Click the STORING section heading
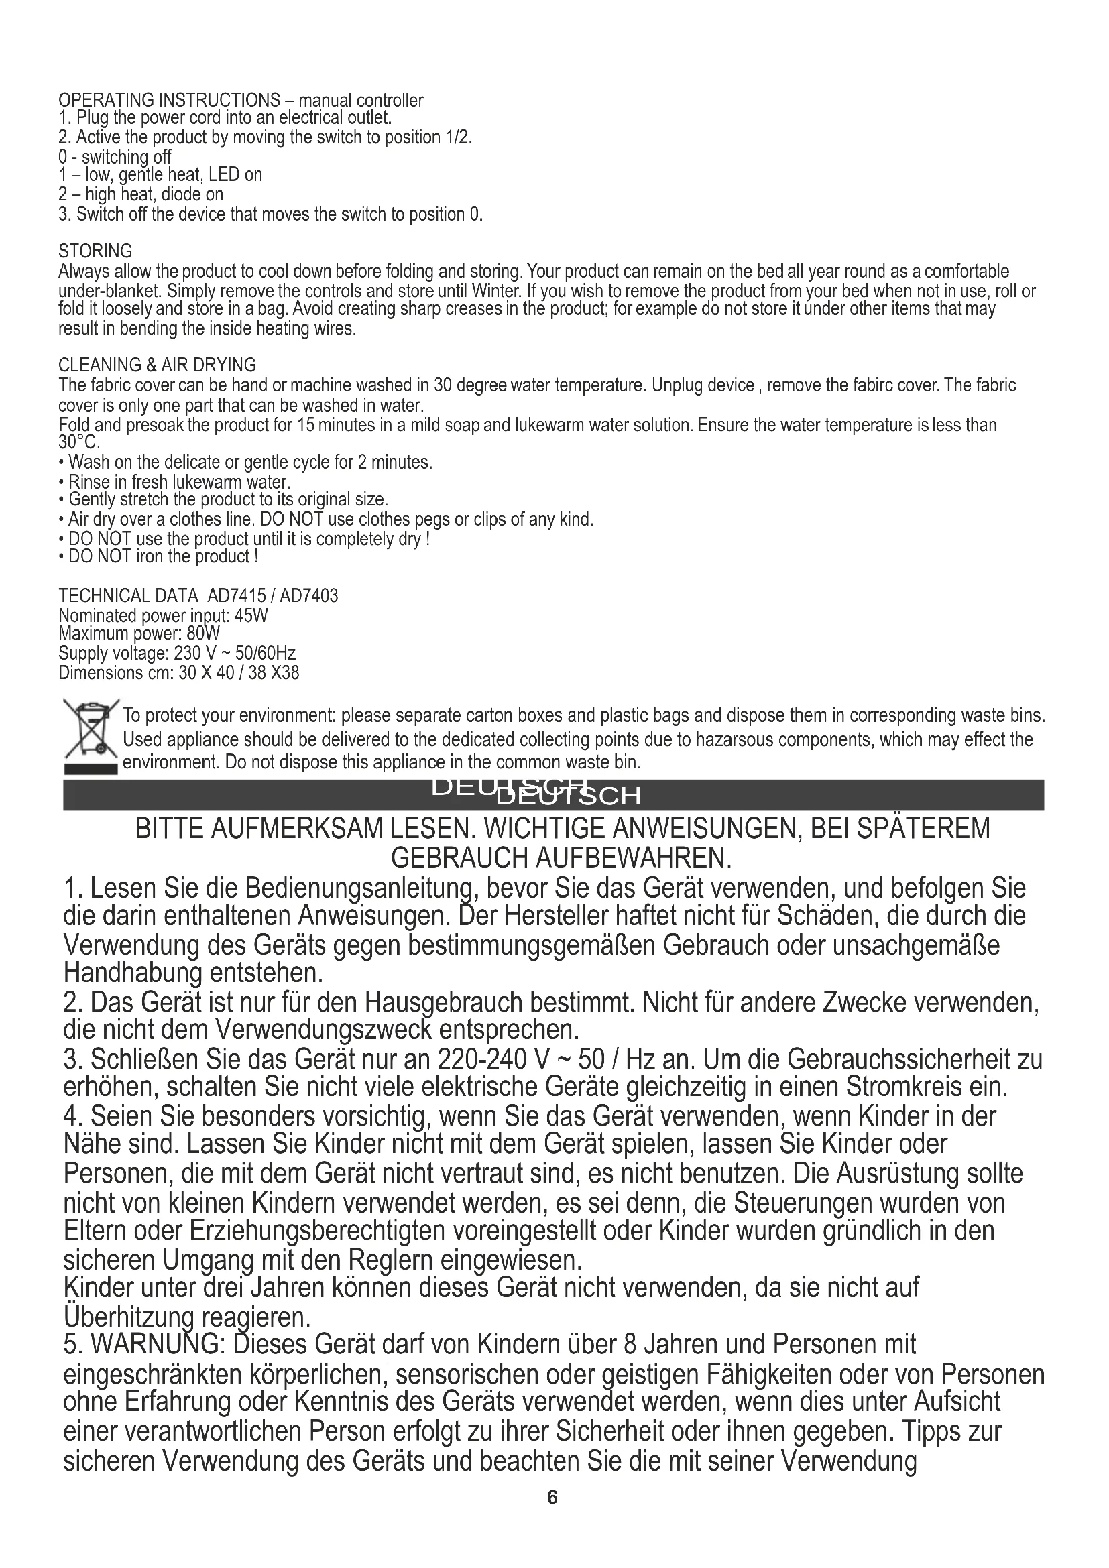tap(96, 251)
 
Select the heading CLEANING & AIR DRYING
tap(157, 365)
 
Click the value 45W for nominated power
tap(251, 615)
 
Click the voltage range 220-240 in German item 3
tap(475, 1059)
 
